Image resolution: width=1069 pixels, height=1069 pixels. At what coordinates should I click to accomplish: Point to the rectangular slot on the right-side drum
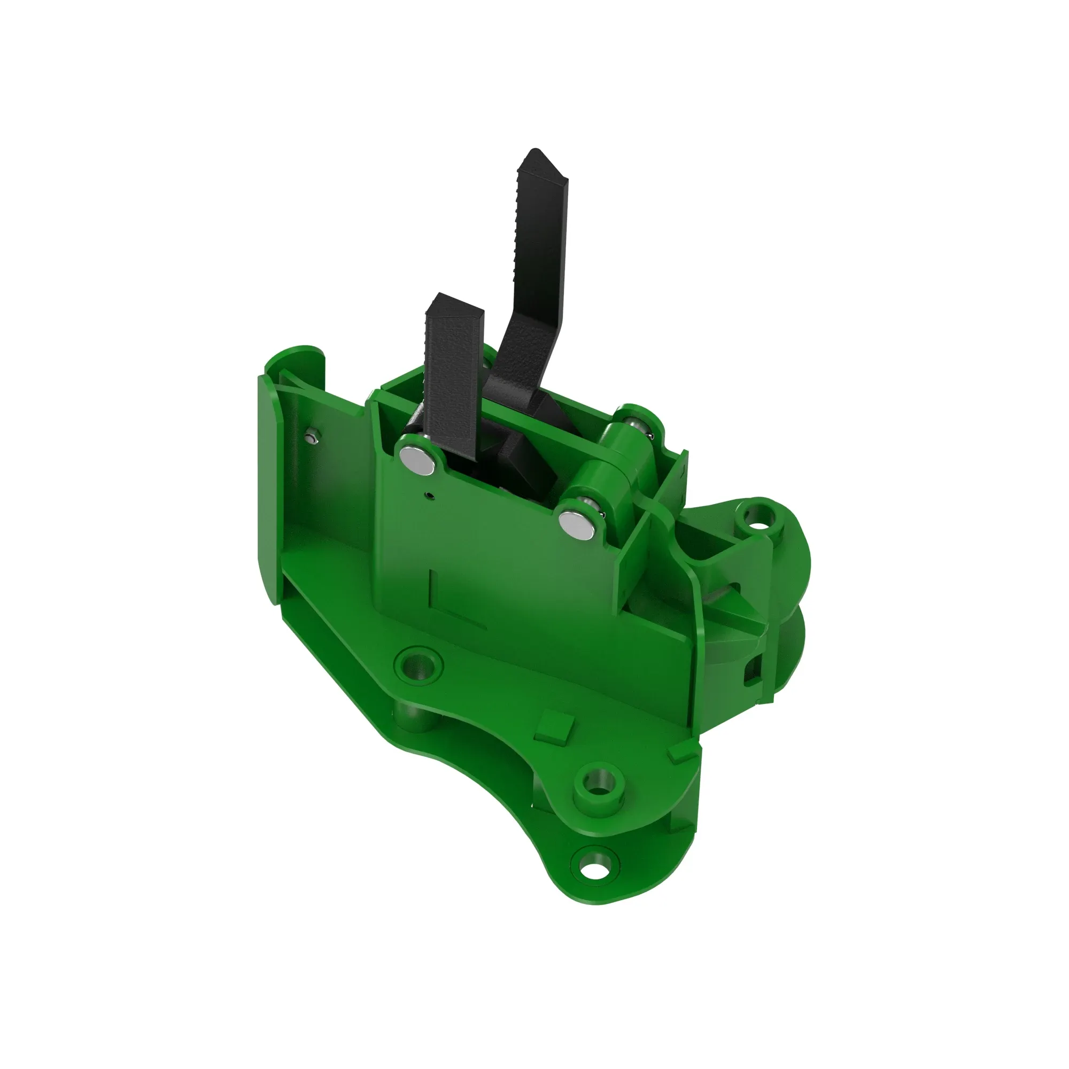(x=752, y=672)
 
